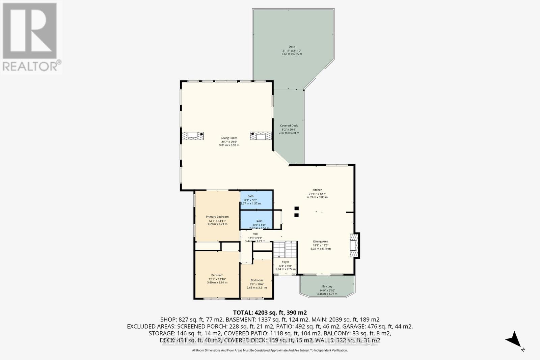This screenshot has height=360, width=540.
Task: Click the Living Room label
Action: coord(229,138)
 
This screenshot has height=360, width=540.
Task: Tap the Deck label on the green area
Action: coord(292,47)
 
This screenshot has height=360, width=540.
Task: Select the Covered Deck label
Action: coord(289,126)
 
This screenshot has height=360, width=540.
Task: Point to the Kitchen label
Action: coord(317,190)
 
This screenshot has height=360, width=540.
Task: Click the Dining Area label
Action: coord(321,242)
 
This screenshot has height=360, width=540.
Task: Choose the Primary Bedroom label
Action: coord(217,217)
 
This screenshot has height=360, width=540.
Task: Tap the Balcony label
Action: coord(327,287)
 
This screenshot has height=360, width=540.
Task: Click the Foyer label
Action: coord(286,262)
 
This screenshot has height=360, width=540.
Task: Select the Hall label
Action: coord(255,234)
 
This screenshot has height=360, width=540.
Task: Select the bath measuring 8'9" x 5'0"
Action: coord(259,221)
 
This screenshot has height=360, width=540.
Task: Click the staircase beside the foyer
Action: coord(285,249)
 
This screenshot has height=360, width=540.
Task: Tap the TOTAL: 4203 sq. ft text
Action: coord(270,312)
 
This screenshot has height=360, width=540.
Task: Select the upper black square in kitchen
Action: coord(296,208)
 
